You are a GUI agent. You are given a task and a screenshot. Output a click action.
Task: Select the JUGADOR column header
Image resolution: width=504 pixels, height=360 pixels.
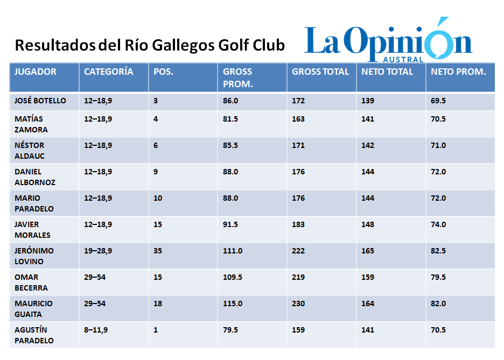36,72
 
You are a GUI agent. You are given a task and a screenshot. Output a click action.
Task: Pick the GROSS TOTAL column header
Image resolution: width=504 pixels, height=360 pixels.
320,72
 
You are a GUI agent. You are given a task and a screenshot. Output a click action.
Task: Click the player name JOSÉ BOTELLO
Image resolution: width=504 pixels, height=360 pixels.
40,101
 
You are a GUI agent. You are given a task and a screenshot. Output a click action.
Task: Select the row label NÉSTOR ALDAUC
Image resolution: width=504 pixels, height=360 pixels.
30,151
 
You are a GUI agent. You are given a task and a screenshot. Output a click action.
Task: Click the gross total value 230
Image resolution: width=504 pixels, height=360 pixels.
298,303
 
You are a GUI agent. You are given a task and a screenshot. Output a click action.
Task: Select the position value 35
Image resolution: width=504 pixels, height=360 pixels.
158,251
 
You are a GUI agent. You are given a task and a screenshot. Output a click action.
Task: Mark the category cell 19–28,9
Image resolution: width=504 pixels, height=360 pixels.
98,251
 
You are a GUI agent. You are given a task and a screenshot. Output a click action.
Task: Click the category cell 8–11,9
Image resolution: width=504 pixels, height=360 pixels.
96,330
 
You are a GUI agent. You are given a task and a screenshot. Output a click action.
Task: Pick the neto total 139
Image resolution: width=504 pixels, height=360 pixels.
368,101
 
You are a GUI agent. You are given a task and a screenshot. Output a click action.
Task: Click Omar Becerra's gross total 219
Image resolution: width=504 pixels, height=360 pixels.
298,277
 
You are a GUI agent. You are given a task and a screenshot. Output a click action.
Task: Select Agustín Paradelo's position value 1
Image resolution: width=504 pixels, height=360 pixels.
156,330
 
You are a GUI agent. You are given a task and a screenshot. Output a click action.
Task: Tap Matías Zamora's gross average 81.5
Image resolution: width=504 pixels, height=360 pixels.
230,119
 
